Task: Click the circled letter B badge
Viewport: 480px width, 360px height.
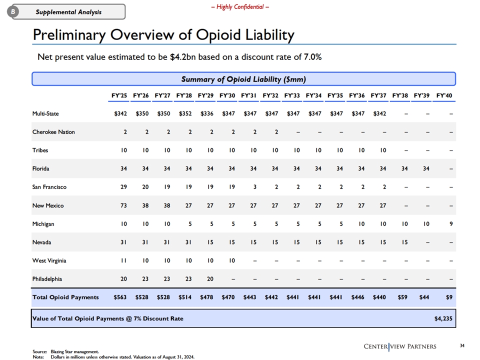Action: (13, 11)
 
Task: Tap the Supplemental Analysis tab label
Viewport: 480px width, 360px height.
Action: (68, 12)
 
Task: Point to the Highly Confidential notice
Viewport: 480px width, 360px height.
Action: (240, 6)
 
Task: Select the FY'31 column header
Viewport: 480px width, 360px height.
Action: (248, 95)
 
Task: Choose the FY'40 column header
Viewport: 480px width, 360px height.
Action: (444, 95)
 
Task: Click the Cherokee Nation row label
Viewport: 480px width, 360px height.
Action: (53, 132)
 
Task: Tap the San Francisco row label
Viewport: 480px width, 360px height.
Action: (49, 187)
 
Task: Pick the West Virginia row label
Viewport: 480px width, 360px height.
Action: (49, 260)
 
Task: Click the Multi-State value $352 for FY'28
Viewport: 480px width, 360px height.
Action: (185, 113)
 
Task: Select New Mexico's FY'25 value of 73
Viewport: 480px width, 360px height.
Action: (123, 205)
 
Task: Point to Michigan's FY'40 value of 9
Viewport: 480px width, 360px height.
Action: (451, 224)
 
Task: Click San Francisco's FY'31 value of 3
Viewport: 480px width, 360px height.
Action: (254, 187)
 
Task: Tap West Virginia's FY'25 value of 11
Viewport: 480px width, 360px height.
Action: (123, 260)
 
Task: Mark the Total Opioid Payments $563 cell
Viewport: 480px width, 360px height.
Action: (120, 297)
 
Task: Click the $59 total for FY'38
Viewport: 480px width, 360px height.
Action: (402, 297)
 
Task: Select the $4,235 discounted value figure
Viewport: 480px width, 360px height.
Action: (443, 318)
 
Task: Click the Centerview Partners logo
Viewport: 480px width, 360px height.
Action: (400, 346)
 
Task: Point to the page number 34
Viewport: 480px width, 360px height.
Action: (462, 345)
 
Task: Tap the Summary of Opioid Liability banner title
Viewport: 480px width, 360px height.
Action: (243, 79)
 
